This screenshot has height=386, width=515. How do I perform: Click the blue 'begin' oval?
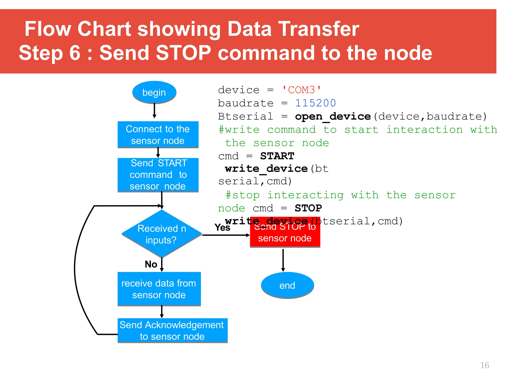[154, 92]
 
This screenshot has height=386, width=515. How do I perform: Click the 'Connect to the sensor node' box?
[158, 135]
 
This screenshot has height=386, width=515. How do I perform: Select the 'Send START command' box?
[158, 175]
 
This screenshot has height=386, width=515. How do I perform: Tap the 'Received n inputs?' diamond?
[162, 234]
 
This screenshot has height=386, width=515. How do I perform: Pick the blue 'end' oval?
[287, 285]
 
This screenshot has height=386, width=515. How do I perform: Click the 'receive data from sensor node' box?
[159, 289]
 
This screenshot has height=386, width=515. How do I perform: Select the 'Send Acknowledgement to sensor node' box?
[173, 330]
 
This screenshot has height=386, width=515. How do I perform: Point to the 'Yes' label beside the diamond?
[222, 228]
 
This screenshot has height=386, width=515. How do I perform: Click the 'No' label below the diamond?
[151, 264]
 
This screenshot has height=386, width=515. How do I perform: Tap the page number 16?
[485, 365]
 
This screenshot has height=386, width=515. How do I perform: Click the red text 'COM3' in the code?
[302, 90]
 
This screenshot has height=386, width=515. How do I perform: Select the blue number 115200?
[315, 103]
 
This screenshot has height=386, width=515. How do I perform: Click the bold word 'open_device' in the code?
[333, 116]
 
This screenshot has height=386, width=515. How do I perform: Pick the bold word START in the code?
[277, 156]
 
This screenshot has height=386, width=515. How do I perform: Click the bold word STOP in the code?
[308, 208]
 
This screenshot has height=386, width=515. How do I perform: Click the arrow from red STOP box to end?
[283, 260]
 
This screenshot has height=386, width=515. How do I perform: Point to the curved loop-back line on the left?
[75, 269]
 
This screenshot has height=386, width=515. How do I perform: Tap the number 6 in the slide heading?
[74, 53]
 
